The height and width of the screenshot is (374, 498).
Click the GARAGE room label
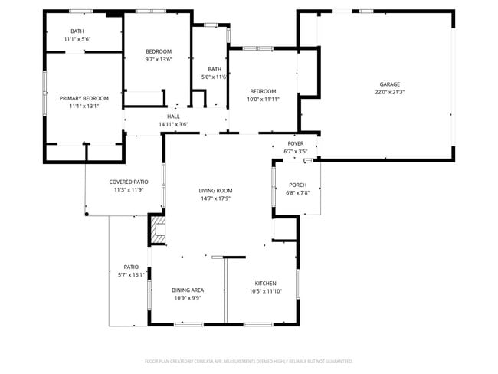(390, 84)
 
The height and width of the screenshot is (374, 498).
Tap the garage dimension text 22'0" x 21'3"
(390, 92)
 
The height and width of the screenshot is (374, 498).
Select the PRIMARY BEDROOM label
(84, 98)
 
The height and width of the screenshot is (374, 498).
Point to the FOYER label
(296, 144)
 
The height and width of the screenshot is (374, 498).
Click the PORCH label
(297, 185)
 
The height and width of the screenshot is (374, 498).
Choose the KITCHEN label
(265, 284)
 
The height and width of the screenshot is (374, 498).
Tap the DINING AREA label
(187, 290)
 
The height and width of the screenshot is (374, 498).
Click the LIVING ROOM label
(215, 191)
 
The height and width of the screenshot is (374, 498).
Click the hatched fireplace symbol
(158, 229)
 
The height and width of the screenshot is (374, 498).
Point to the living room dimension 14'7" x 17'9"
(215, 198)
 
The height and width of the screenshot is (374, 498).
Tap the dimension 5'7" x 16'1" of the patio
(131, 274)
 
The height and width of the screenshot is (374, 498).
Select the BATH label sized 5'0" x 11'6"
(215, 69)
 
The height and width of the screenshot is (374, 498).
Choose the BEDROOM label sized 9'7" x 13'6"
(159, 51)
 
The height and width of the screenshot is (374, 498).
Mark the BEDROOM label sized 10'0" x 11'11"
(263, 91)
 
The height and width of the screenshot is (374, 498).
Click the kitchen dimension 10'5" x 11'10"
(265, 291)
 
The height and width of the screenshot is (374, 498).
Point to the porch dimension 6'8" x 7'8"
(297, 193)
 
